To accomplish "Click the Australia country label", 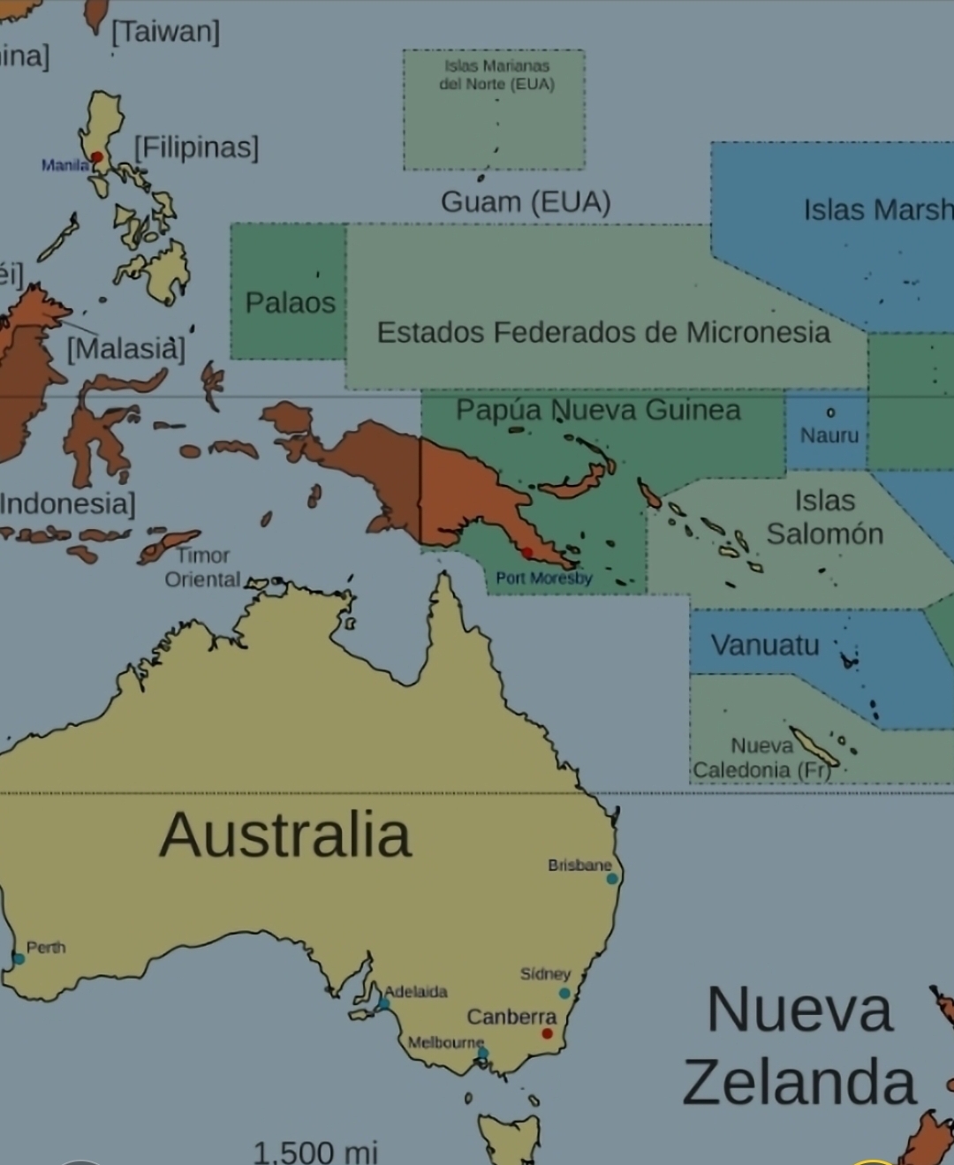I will pos(285,835).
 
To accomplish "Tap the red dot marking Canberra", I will pos(548,1033).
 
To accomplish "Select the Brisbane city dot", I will pos(611,879).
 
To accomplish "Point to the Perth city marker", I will pos(19,958).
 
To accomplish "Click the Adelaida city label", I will pos(416,992).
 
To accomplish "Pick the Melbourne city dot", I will pos(482,1053).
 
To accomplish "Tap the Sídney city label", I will pos(545,973).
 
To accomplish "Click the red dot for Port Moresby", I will pos(527,553).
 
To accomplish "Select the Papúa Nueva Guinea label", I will pos(598,410).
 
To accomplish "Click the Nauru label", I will pos(829,435).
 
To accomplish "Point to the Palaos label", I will pos(290,303).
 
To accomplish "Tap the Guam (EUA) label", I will pos(526,202).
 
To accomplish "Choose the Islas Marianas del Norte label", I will pos(496,75).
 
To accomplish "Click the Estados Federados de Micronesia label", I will pos(603,332).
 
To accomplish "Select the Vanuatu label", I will pos(765,645).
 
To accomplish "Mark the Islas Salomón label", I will pos(824,517).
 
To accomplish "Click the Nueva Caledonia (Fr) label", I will pos(761,758).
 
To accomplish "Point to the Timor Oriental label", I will pos(202,567).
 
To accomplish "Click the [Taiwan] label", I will pos(165,32).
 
